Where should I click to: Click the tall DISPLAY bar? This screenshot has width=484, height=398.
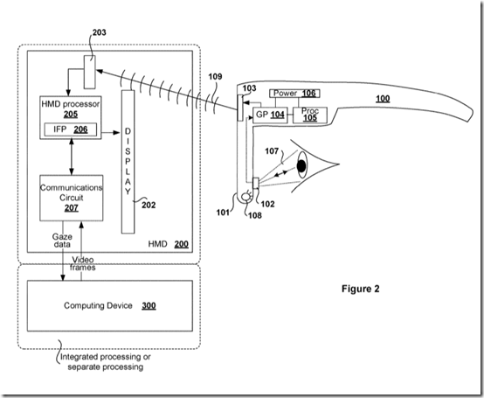[x=128, y=162]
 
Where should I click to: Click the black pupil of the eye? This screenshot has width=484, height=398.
[x=301, y=166]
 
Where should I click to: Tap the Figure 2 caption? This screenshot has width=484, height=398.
[x=361, y=289]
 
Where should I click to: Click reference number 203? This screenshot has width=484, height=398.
[x=99, y=32]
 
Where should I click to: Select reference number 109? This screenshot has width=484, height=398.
[x=215, y=76]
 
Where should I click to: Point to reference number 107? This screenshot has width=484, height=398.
[x=272, y=151]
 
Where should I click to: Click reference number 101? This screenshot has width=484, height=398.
[x=223, y=213]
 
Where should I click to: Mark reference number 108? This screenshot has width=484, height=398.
[x=255, y=216]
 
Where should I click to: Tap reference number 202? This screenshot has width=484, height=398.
[x=149, y=206]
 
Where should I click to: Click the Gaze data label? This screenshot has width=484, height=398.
[x=62, y=241]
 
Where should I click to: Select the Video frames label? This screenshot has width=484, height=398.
[x=83, y=263]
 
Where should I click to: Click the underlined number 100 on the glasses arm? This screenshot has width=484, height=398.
[x=383, y=99]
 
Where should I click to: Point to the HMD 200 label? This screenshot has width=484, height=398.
[x=169, y=244]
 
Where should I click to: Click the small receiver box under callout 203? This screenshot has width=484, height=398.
[x=90, y=72]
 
